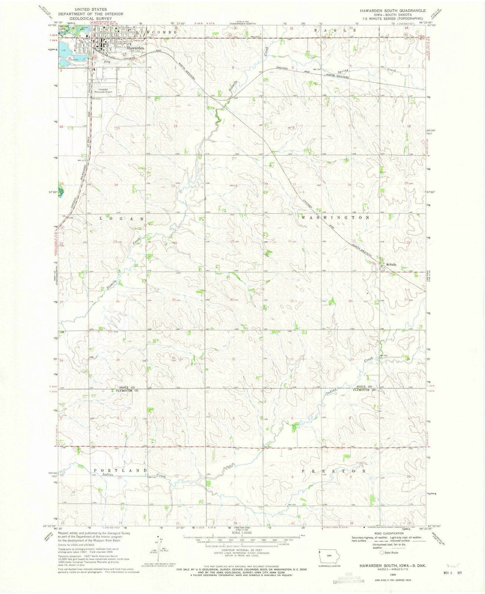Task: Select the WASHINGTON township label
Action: (x=335, y=217)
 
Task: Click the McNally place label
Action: (x=390, y=265)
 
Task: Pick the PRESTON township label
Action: (x=334, y=471)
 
